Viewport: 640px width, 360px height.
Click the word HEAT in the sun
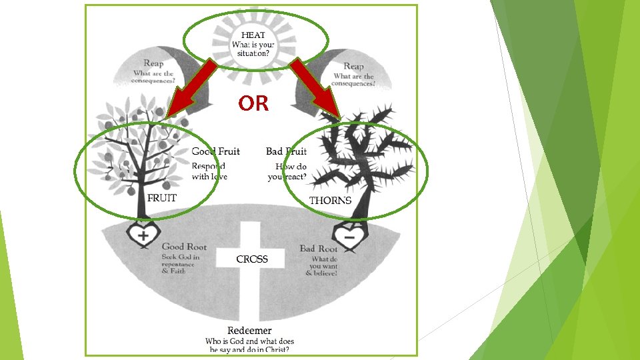pos(253,35)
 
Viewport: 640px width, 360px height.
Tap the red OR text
pos(253,103)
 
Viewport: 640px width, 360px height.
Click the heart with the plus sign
pos(143,235)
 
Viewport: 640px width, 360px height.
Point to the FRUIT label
pos(162,198)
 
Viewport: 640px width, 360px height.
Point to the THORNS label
pos(331,201)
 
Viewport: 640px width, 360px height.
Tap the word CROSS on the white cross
pos(252,259)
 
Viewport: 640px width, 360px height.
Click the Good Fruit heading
pos(215,151)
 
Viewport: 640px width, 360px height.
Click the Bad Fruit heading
pos(286,151)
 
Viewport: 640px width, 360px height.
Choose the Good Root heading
pos(184,247)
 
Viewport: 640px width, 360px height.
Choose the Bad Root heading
pos(319,249)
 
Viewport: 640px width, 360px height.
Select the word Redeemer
pos(249,331)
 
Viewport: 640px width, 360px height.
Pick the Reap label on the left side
pos(153,63)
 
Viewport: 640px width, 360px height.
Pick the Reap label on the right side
pos(353,66)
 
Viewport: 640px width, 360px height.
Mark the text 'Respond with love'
pos(209,171)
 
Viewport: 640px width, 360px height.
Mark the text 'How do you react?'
pos(288,171)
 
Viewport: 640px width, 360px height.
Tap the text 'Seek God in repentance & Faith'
pos(179,264)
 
